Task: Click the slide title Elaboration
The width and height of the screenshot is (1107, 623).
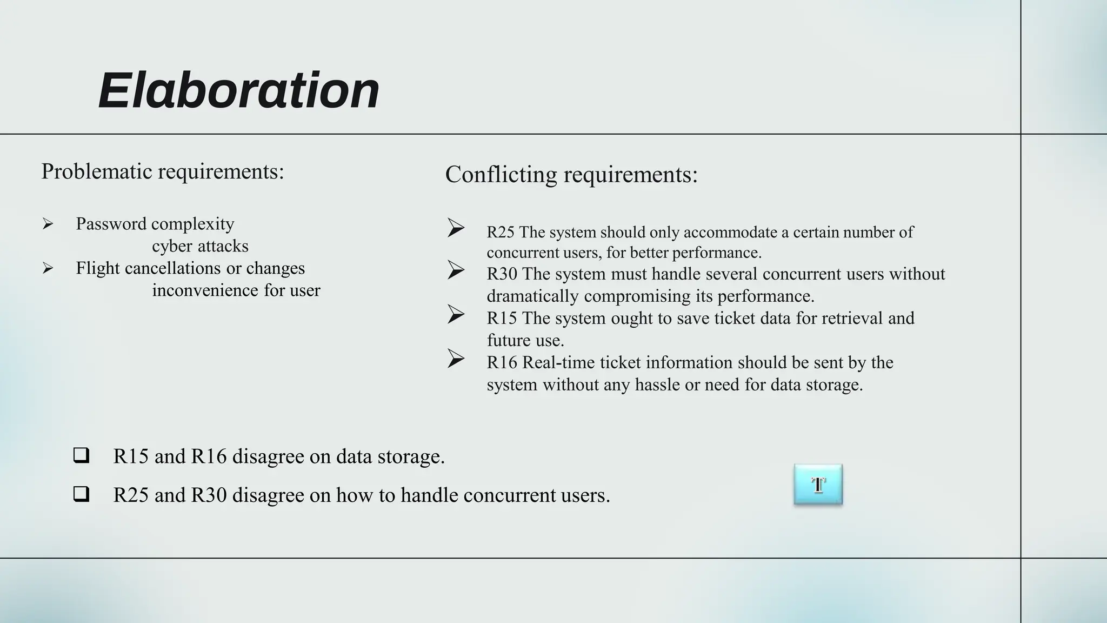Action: pos(238,90)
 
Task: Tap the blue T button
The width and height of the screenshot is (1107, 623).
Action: pos(818,485)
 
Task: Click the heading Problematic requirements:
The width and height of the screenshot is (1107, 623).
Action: pos(163,171)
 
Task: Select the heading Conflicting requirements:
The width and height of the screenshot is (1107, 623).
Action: pos(571,175)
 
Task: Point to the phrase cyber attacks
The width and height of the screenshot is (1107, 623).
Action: pos(200,246)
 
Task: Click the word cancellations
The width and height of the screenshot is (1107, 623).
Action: pos(170,268)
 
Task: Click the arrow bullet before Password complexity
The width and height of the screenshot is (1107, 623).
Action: pos(48,224)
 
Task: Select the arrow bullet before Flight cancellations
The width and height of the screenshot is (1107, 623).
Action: pos(48,268)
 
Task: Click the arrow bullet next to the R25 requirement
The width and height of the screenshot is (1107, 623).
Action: pos(456,228)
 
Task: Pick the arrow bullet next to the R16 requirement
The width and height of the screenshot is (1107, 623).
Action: pos(456,358)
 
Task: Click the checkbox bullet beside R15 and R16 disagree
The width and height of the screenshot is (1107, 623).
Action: pos(81,455)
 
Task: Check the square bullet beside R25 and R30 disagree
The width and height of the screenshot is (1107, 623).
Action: pos(81,494)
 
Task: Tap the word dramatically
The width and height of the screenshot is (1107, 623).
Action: pos(532,296)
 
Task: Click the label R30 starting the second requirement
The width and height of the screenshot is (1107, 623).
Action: pos(502,274)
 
